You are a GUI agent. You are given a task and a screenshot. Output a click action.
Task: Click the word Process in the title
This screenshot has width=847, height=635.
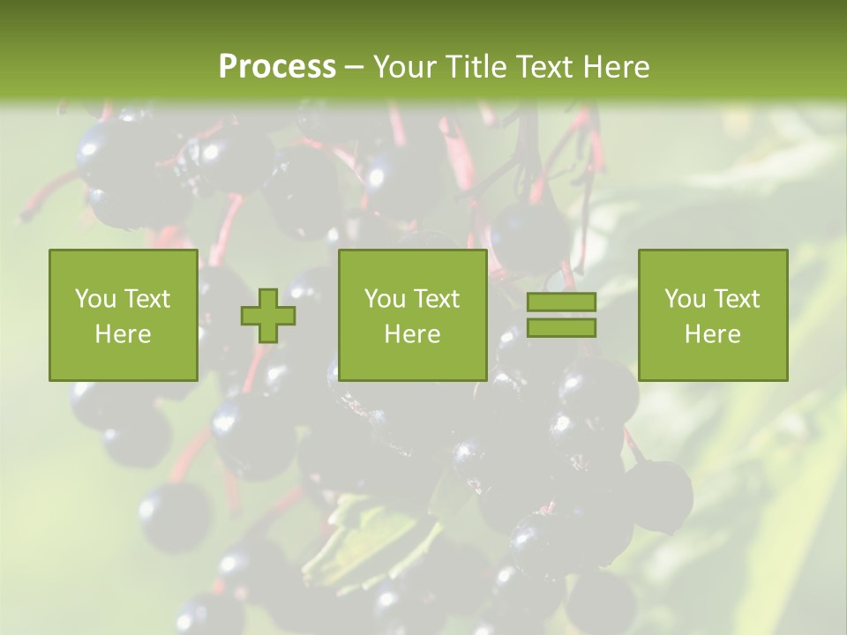coord(277,67)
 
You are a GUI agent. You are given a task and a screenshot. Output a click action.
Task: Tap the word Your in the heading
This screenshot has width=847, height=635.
coord(403,67)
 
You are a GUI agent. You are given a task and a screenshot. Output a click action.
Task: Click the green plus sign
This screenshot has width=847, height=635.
coord(268,315)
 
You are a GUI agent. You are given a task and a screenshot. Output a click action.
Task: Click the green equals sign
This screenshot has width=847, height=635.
coord(561,315)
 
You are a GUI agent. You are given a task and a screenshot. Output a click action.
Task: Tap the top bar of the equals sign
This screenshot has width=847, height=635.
coord(561,302)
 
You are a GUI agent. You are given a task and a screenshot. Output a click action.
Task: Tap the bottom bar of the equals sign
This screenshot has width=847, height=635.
coord(561,328)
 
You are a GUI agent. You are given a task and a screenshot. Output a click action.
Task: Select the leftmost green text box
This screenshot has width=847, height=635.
coord(124,315)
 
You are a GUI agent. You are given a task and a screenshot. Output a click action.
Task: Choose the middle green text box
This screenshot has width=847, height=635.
coord(412,315)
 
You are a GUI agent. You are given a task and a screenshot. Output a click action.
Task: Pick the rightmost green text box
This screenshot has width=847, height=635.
coord(712,315)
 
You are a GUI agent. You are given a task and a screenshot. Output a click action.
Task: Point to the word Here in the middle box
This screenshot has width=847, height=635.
coord(412,333)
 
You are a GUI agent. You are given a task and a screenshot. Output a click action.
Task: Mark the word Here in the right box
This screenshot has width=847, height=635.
coord(712,333)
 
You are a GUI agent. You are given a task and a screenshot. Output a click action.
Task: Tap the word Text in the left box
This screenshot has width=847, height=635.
coord(148,299)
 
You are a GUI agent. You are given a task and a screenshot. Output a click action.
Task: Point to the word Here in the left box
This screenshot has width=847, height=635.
coord(124,333)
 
